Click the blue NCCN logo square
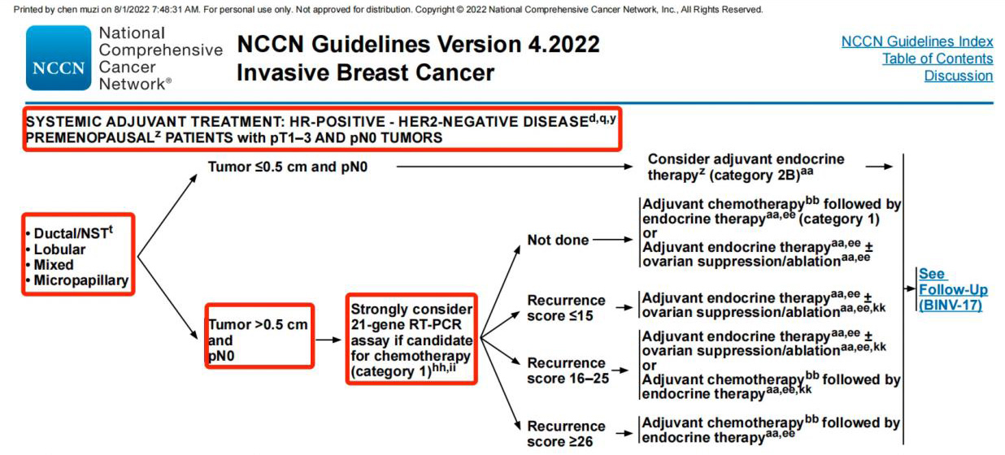[x=59, y=58]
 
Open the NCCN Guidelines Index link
[x=917, y=41]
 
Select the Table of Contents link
[x=938, y=58]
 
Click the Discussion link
[x=959, y=76]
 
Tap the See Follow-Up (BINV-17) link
[x=953, y=289]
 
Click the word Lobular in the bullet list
[x=59, y=249]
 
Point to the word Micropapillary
[x=81, y=280]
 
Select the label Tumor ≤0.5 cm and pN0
[x=288, y=167]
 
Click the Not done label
[x=558, y=240]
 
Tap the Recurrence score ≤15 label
[x=566, y=308]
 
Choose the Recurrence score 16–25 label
[x=568, y=370]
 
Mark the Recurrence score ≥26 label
[x=566, y=434]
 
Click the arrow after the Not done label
[x=613, y=240]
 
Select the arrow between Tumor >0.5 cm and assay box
[x=328, y=340]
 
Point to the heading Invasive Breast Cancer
[x=365, y=72]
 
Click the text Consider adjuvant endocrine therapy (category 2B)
[x=746, y=167]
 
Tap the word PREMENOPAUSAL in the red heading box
[x=89, y=137]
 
